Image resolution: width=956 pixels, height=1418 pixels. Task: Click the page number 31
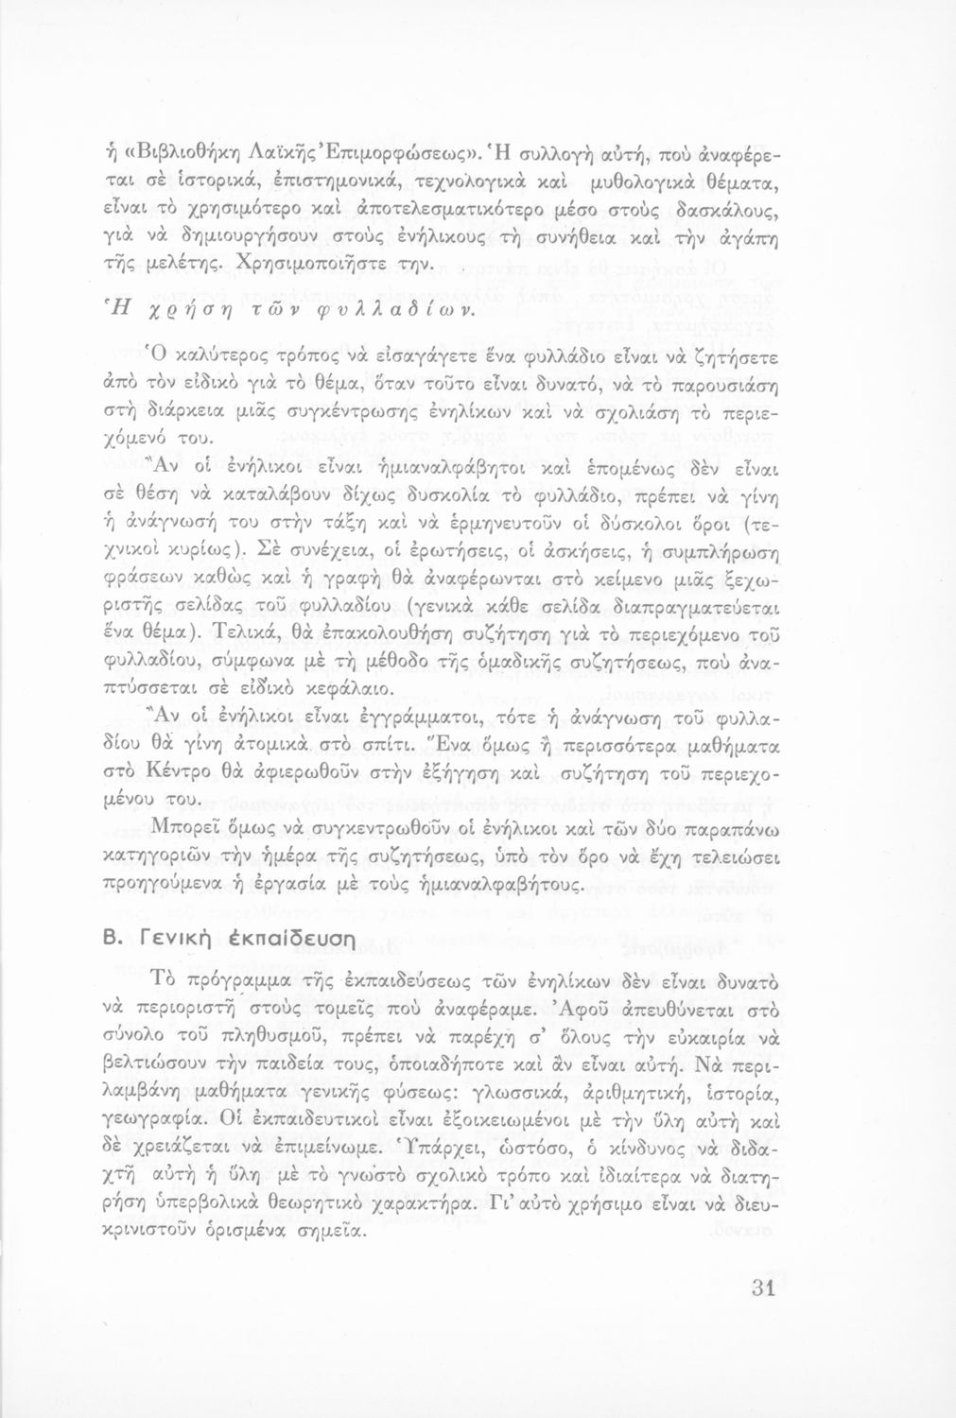click(759, 1288)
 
